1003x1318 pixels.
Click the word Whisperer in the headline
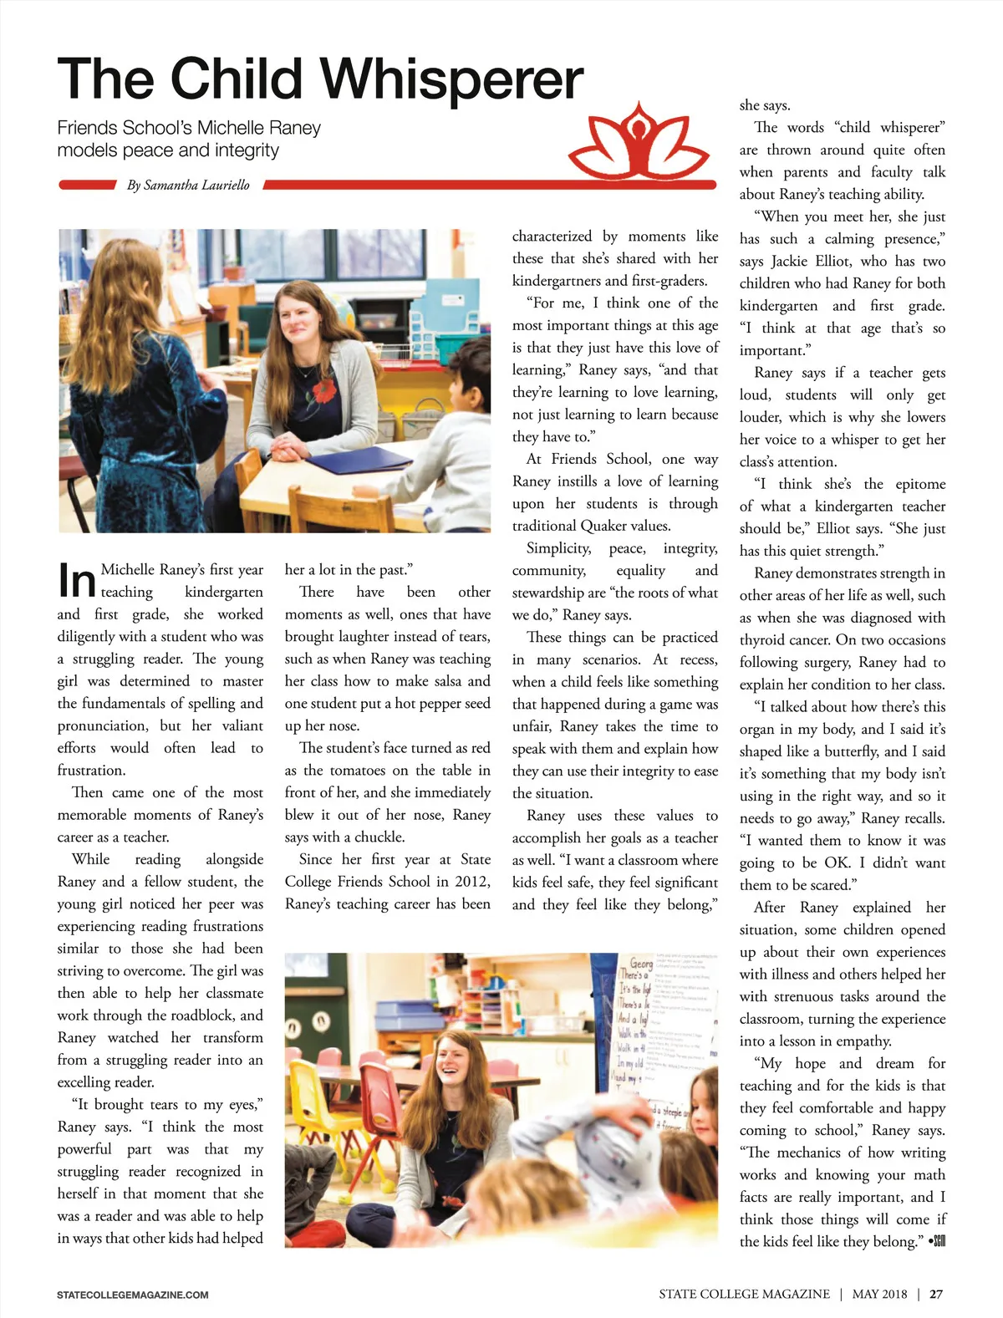[x=451, y=79]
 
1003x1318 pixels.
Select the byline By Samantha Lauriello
[x=188, y=185]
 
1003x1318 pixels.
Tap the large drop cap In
[x=77, y=580]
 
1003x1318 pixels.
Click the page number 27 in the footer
[x=936, y=1294]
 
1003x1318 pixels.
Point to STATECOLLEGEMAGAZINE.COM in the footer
[x=133, y=1295]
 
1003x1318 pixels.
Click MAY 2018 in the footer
[x=879, y=1294]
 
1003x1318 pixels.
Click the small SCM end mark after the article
[x=938, y=1242]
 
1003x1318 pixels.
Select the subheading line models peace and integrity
[x=168, y=150]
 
